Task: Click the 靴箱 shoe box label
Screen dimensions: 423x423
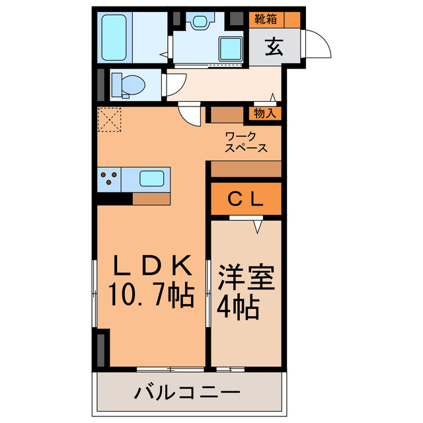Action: (266, 19)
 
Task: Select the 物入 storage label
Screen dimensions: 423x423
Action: (265, 114)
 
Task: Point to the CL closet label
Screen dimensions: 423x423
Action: (247, 198)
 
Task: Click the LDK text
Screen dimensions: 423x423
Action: (153, 266)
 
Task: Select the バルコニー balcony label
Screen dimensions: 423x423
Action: (188, 395)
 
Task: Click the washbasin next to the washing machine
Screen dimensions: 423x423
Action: (199, 20)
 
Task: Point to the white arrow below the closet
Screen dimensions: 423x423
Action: (257, 226)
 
